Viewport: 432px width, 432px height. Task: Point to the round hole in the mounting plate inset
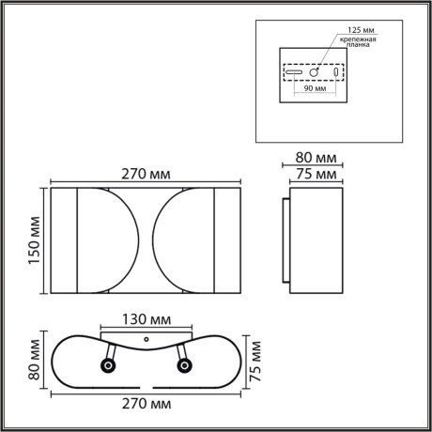point(316,71)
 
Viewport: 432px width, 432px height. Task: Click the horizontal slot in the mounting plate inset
point(294,72)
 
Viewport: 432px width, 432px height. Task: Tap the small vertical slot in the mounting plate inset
point(336,71)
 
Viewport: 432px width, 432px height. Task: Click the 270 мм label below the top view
point(146,404)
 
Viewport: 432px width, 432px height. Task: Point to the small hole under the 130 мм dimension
point(146,335)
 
